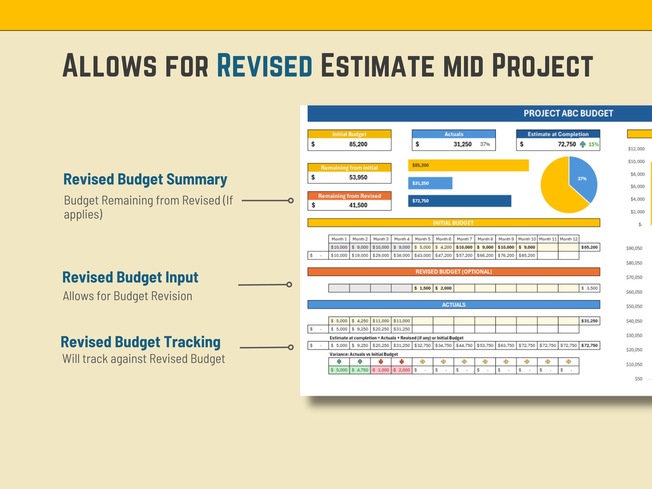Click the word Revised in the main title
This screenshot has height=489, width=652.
coord(264,66)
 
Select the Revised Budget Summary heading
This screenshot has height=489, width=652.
coord(145,179)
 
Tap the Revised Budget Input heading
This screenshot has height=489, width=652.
coord(130,278)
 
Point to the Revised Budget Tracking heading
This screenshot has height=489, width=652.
coord(140,342)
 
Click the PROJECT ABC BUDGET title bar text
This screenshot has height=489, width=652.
coord(568,113)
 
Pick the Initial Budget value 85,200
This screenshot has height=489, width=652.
coord(358,144)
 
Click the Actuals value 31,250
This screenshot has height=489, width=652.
coord(462,144)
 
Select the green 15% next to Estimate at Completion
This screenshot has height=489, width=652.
coord(593,145)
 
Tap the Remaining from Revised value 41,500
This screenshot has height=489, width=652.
coord(358,205)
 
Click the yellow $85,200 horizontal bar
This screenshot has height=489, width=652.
coord(468,165)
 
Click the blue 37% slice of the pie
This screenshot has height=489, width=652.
coord(582,177)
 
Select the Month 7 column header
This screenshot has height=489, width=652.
coord(464,239)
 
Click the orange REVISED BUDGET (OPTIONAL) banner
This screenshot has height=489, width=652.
coord(453,272)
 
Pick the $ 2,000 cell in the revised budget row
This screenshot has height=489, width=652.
coord(443,288)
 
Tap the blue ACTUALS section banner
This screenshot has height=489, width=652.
coord(453,305)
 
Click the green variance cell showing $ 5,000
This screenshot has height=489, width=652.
coord(339,370)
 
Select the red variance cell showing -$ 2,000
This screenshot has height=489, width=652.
coord(401,370)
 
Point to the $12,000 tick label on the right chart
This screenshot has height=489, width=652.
coord(636,149)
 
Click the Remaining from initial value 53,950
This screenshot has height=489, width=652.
coord(358,177)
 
